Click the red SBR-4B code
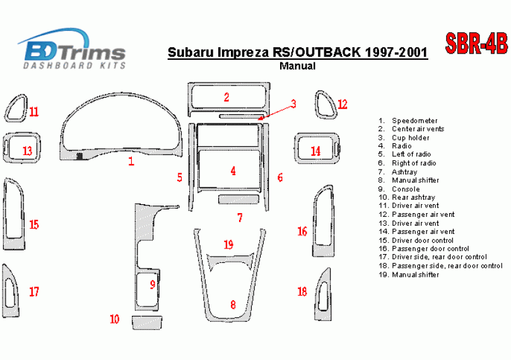pyautogui.click(x=476, y=43)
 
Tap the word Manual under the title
pyautogui.click(x=298, y=66)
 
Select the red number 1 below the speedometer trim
pyautogui.click(x=131, y=161)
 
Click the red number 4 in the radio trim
pyautogui.click(x=233, y=171)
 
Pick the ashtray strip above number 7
pyautogui.click(x=238, y=199)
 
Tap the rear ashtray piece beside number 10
pyautogui.click(x=147, y=323)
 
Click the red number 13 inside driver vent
pyautogui.click(x=27, y=151)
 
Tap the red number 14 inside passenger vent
pyautogui.click(x=315, y=151)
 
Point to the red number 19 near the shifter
pyautogui.click(x=228, y=245)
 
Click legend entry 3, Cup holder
pyautogui.click(x=404, y=138)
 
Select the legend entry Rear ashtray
pyautogui.click(x=407, y=197)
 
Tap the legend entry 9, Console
pyautogui.click(x=399, y=189)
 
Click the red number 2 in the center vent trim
pyautogui.click(x=226, y=97)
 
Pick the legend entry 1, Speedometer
pyautogui.click(x=408, y=120)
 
